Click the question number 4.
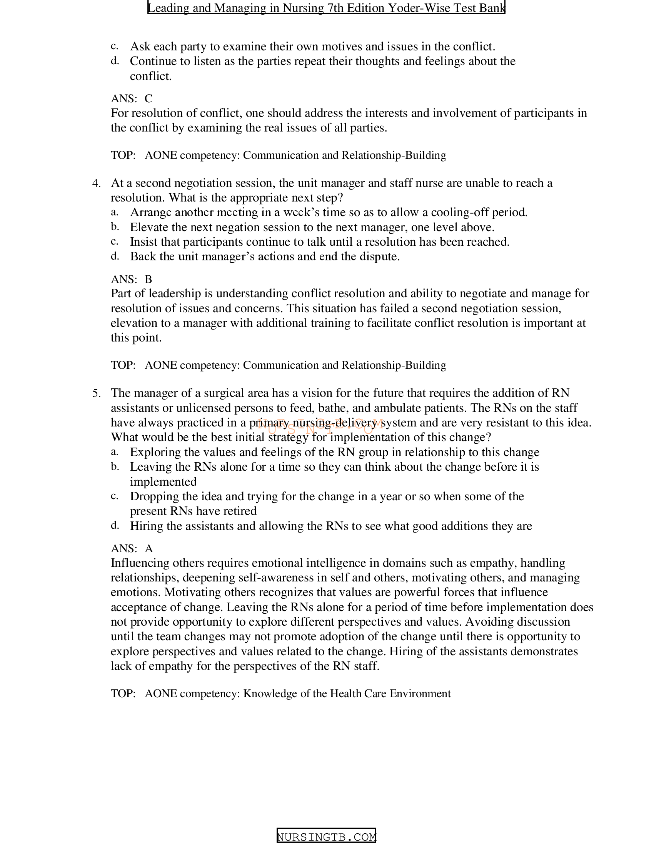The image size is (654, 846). pyautogui.click(x=96, y=183)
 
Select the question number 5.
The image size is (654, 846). pyautogui.click(x=96, y=393)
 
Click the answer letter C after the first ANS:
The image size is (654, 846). pyautogui.click(x=148, y=99)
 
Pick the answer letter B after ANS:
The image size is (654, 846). pyautogui.click(x=148, y=279)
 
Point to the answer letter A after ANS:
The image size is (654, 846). pyautogui.click(x=149, y=548)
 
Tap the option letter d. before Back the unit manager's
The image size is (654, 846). pyautogui.click(x=115, y=256)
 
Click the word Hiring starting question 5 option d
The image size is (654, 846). pyautogui.click(x=146, y=526)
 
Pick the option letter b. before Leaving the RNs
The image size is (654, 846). pyautogui.click(x=115, y=467)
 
